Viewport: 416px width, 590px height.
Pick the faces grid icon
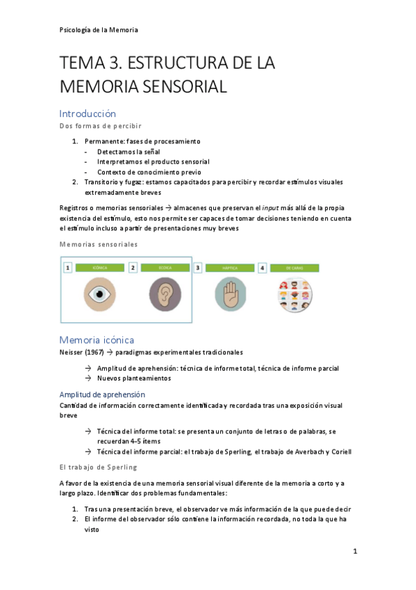click(x=294, y=294)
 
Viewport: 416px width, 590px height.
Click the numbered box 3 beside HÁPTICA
click(x=198, y=267)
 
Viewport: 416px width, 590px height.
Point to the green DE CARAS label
click(x=294, y=267)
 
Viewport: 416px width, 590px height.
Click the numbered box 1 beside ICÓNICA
click(x=68, y=267)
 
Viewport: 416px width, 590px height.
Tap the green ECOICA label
click(x=165, y=267)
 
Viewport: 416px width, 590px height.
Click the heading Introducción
click(x=88, y=113)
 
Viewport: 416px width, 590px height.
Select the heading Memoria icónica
click(x=97, y=340)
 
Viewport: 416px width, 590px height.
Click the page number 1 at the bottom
click(x=354, y=552)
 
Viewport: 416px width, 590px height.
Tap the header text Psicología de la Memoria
click(x=99, y=30)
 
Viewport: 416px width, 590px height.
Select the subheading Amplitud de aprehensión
click(x=101, y=394)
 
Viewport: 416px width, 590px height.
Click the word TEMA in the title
click(x=83, y=63)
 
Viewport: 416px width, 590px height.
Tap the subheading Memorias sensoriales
click(x=99, y=244)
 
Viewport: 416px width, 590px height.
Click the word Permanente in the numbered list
click(x=105, y=141)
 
